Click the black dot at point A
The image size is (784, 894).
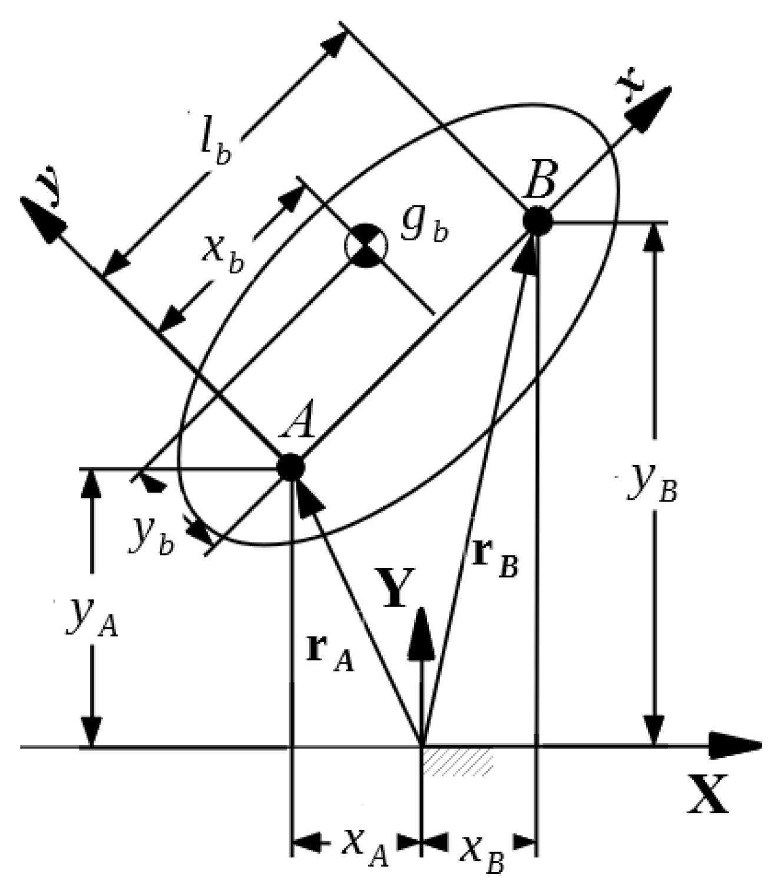tap(290, 467)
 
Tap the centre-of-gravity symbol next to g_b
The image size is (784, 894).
tap(366, 245)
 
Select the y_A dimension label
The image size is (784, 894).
tap(92, 619)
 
